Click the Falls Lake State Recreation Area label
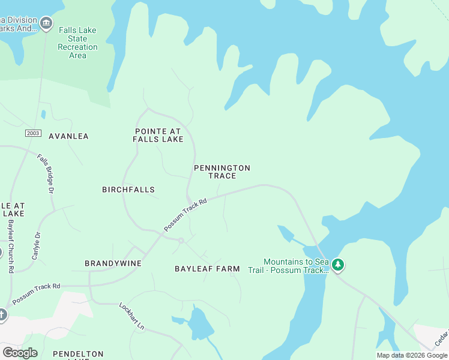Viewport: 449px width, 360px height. (77, 43)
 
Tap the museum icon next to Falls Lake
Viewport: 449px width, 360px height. (46, 25)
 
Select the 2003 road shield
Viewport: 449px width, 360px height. (34, 132)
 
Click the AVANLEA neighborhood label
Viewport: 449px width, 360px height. (68, 136)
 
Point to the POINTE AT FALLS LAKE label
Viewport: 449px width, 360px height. (158, 135)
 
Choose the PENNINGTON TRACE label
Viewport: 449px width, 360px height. (222, 172)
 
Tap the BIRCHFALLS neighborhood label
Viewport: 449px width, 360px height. (128, 190)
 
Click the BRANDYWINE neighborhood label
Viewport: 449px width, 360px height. (113, 263)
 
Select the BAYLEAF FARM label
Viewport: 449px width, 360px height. (207, 269)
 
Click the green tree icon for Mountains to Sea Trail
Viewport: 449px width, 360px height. (338, 265)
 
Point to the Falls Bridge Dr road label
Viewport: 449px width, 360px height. (46, 174)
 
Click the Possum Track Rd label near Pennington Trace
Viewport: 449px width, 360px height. (185, 215)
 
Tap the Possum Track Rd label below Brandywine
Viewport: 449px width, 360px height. (36, 293)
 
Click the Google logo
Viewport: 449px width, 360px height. (20, 353)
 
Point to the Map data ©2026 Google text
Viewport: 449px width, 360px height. (412, 355)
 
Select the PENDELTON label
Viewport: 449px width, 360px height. (78, 355)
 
